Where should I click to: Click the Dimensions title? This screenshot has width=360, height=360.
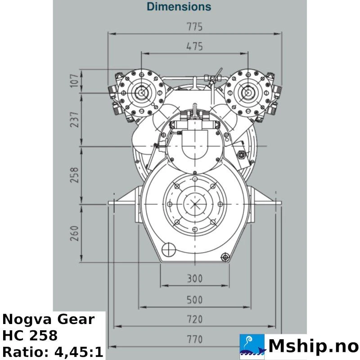tap(179, 6)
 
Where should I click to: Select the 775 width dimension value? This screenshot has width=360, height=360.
tap(194, 27)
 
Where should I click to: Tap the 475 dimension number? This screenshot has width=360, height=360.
tap(194, 46)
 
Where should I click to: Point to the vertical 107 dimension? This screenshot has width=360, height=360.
tap(74, 81)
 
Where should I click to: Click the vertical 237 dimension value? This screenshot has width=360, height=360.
tap(74, 120)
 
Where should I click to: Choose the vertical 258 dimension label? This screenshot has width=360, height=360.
tap(74, 175)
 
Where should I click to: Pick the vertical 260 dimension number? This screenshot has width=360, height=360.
tap(74, 234)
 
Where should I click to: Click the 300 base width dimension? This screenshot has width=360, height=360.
tap(195, 279)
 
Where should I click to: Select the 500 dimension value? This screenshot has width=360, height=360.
tap(195, 300)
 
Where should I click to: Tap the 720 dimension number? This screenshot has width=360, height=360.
tap(195, 319)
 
